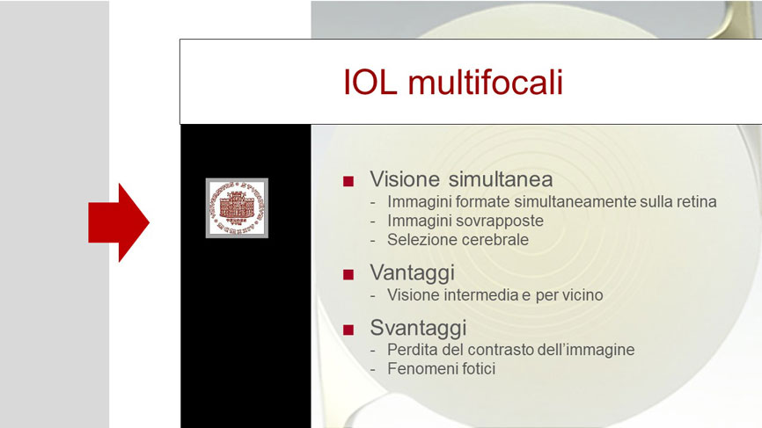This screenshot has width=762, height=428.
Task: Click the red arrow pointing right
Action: click(x=119, y=222)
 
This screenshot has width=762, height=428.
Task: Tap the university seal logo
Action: click(x=237, y=207)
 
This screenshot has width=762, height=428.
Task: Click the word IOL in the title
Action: click(x=370, y=82)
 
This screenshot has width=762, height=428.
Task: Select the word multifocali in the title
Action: click(x=485, y=82)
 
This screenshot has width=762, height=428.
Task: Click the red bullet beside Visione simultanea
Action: click(x=348, y=182)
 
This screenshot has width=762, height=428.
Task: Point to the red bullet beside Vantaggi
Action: click(x=348, y=275)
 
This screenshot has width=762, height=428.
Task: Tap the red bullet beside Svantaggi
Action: click(x=348, y=330)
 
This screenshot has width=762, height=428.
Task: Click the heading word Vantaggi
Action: click(x=412, y=273)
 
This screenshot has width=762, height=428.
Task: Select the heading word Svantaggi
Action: click(x=418, y=328)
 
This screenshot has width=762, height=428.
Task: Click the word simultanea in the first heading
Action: click(x=501, y=179)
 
